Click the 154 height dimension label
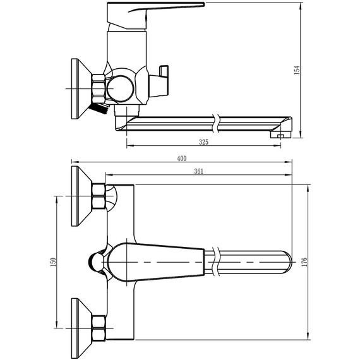click(x=297, y=70)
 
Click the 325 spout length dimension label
click(x=203, y=142)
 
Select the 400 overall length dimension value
click(x=182, y=159)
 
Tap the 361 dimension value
click(x=198, y=171)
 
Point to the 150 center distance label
click(x=53, y=262)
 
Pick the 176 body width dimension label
click(x=304, y=262)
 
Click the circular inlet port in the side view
click(x=120, y=88)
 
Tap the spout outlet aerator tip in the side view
click(x=280, y=135)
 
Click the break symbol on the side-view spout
click(x=216, y=124)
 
